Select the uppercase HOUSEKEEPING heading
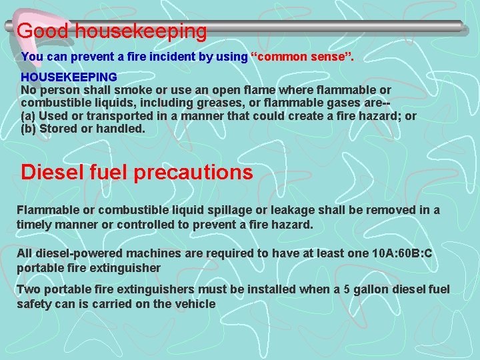(x=69, y=77)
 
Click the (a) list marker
(x=29, y=116)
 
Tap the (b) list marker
(x=29, y=129)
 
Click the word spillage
(x=239, y=211)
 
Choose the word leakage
(x=301, y=211)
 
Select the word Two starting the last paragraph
(x=28, y=289)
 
